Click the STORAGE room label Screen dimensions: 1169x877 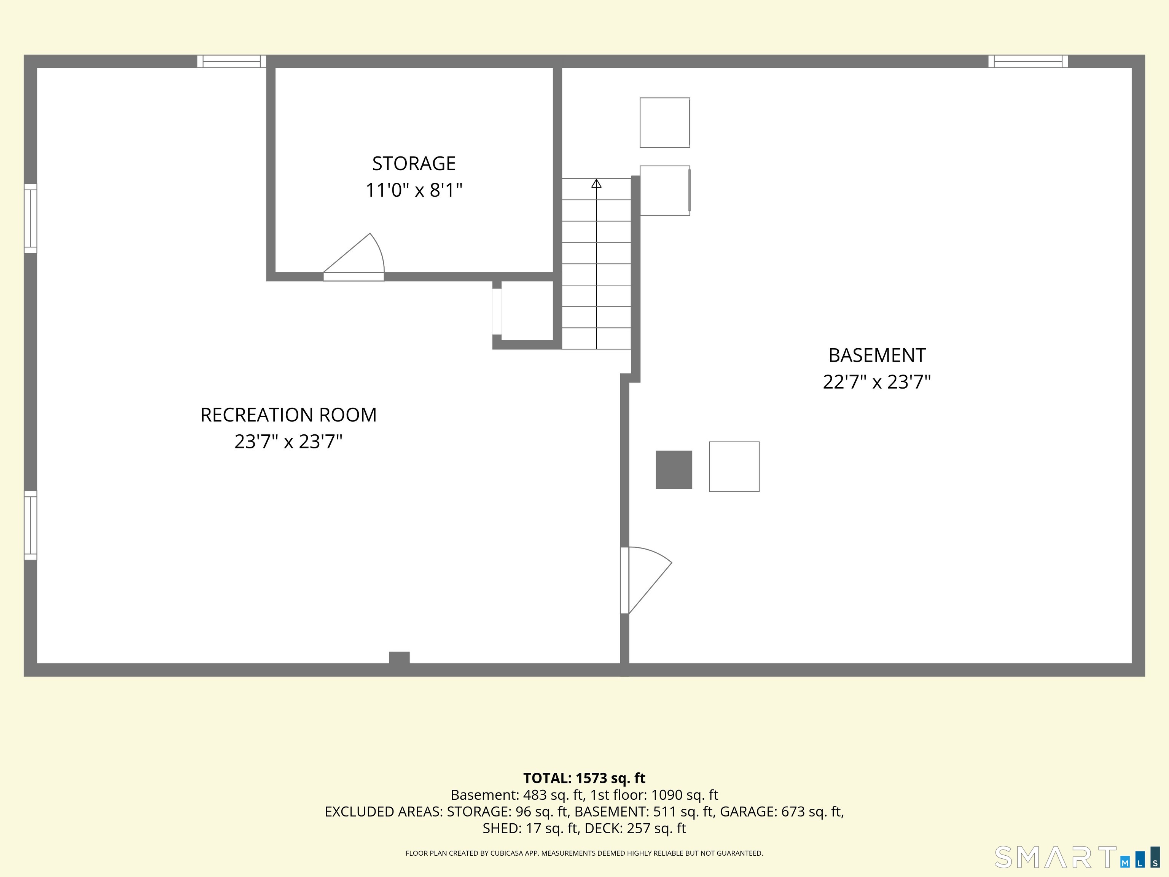coord(414,163)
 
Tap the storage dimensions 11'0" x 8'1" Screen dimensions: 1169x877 coord(414,190)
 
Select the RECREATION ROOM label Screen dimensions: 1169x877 coord(288,415)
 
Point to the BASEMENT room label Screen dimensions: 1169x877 coord(877,355)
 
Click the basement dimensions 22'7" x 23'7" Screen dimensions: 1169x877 coord(877,382)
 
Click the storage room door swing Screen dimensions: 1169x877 coord(354,257)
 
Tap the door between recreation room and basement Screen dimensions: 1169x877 coord(646,580)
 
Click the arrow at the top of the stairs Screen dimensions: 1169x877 coord(596,183)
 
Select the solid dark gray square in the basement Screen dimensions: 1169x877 coord(674,469)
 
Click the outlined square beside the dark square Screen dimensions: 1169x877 coord(734,467)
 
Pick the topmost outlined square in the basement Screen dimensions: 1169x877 coord(665,123)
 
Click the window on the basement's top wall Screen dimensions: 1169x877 coord(1028,61)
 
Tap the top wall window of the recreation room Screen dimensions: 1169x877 coord(231,61)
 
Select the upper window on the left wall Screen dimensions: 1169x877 coord(31,218)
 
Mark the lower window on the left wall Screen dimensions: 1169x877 coord(31,525)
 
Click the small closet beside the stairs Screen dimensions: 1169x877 coord(527,311)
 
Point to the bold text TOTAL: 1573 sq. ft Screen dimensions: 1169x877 coord(584,778)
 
